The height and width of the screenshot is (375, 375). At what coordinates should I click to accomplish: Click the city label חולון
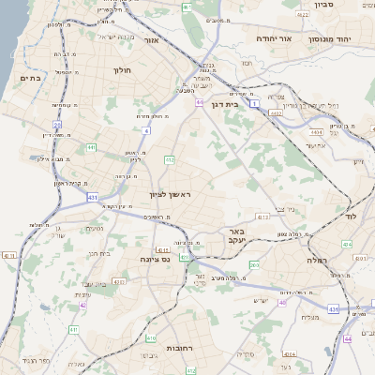pos(122,69)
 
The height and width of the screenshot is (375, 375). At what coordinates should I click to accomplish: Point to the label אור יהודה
pos(276,39)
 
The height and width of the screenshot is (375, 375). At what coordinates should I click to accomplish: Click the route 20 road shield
pos(56,125)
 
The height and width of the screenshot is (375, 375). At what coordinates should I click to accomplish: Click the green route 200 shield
pos(255,265)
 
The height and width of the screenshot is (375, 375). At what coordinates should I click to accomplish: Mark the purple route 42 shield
pos(83,305)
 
